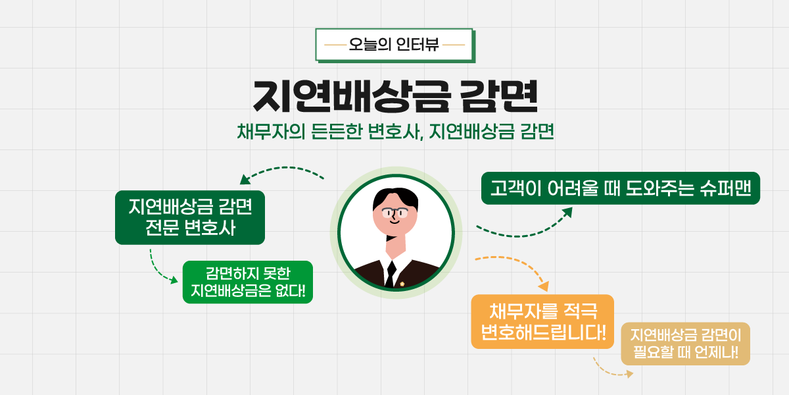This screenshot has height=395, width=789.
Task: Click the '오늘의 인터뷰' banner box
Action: (x=394, y=45)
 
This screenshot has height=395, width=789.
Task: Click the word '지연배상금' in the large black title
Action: (x=352, y=96)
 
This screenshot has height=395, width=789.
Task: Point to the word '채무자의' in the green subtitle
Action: (x=271, y=132)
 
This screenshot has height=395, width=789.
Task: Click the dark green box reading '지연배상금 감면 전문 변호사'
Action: (x=190, y=218)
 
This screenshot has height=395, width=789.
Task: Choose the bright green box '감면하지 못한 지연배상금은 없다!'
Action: (x=248, y=282)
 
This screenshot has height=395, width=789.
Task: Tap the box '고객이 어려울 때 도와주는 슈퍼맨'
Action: (x=621, y=188)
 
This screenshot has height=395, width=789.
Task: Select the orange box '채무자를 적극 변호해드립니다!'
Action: (x=542, y=322)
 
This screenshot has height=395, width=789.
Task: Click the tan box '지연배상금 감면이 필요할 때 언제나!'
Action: (x=685, y=344)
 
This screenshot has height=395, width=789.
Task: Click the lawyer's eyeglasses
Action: (x=395, y=213)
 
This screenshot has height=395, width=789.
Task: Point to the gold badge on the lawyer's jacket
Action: (x=402, y=284)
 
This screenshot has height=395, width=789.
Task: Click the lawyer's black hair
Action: (x=395, y=197)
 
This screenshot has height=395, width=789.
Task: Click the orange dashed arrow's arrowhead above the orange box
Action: (x=544, y=286)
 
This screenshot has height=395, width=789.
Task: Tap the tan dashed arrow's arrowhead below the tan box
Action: (x=629, y=374)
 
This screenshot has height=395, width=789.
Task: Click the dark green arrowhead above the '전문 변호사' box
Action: (x=245, y=179)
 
